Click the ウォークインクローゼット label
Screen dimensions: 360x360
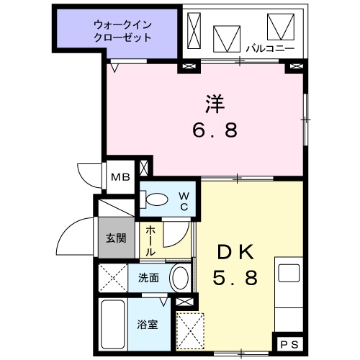122,31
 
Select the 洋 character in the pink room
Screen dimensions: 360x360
215,104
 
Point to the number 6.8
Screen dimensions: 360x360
215,131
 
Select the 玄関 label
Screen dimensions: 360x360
116,238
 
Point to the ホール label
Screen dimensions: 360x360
150,241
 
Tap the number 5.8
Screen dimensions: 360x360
235,277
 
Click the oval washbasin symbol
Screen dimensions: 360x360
180,277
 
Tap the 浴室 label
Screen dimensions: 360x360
148,325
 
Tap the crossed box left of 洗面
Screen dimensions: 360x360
114,277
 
